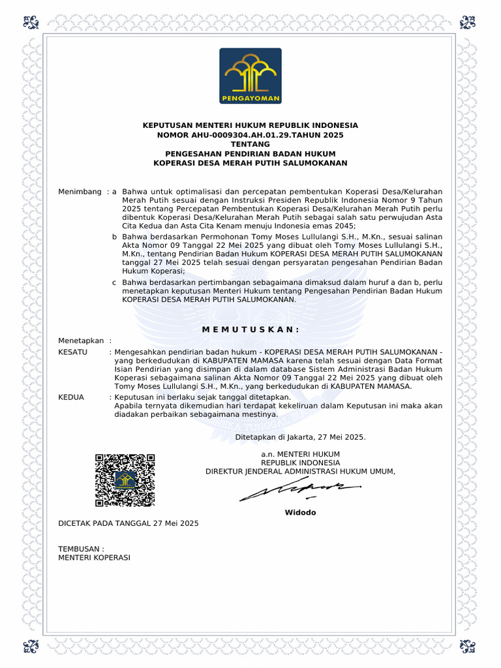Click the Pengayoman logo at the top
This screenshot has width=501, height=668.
point(250,76)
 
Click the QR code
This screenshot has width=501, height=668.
point(125,480)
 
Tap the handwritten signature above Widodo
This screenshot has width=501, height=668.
point(299,491)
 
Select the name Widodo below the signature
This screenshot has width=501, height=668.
point(300,512)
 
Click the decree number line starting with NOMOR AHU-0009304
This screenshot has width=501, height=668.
point(250,134)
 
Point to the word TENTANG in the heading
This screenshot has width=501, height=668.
point(250,144)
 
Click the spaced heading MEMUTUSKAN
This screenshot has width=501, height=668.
point(250,329)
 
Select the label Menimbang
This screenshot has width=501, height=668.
point(80,192)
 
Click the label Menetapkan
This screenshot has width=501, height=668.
point(82,341)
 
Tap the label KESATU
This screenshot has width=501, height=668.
point(73,352)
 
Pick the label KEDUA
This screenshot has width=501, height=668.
point(72,397)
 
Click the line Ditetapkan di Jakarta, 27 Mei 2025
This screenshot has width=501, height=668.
point(300,437)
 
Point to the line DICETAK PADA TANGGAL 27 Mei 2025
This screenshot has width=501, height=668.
point(129,523)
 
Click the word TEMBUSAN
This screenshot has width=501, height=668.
point(79,549)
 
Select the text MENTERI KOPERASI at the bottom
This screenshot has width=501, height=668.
point(94,558)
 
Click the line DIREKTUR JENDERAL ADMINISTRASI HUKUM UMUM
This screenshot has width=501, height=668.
point(300,471)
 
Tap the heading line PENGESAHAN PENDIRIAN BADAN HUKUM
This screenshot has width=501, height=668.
point(250,153)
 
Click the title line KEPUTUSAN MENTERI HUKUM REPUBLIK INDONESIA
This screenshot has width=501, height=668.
point(250,125)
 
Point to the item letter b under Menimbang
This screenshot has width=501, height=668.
point(114,236)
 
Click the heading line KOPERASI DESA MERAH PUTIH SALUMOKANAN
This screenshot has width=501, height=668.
point(250,162)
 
